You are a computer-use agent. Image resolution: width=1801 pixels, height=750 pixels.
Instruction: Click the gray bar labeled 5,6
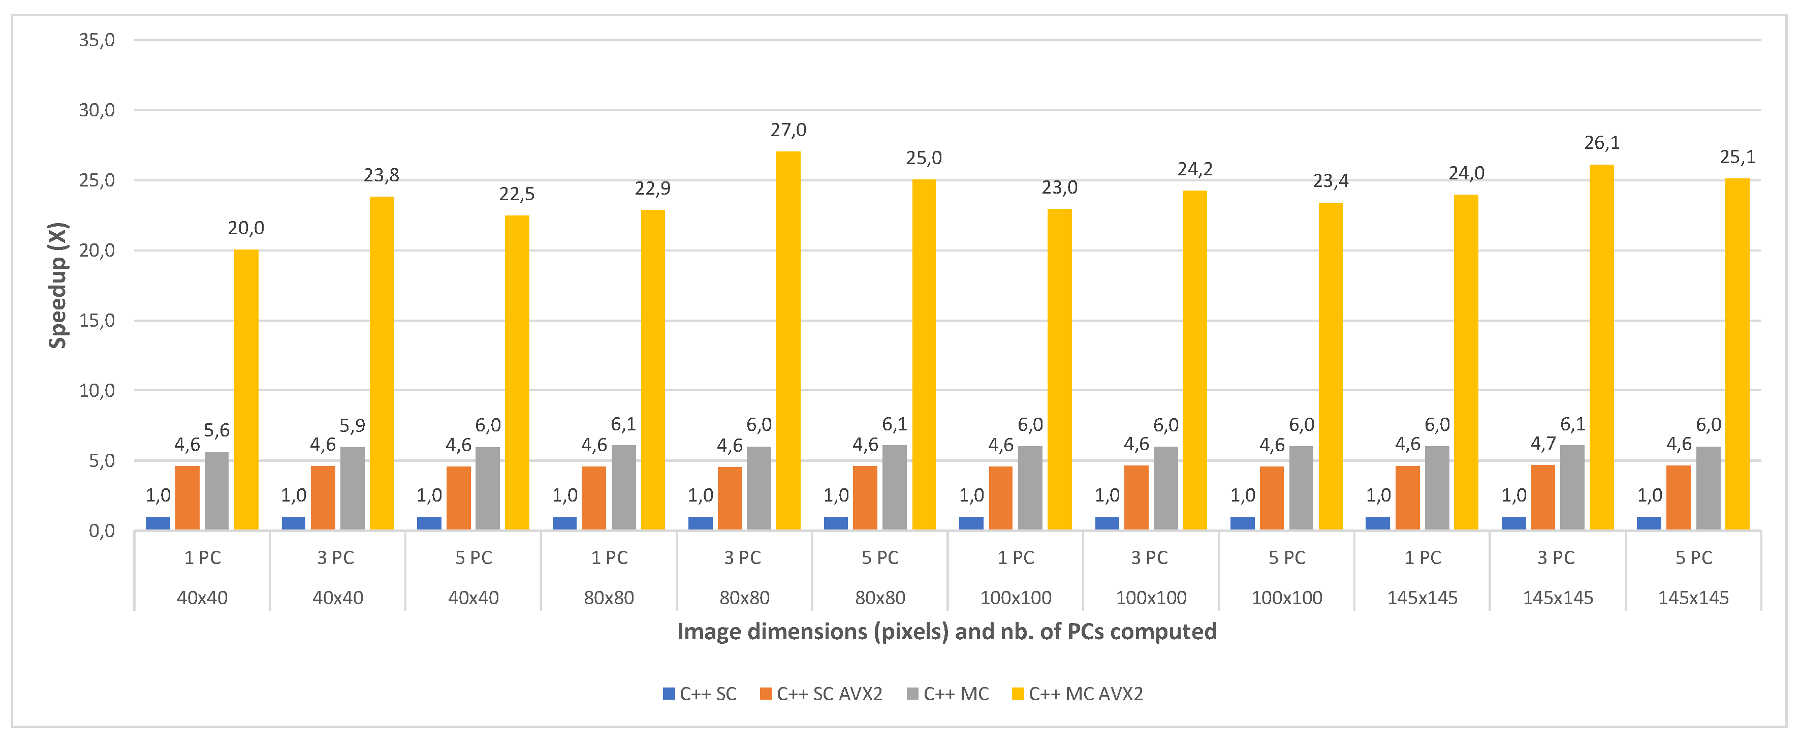[x=217, y=491]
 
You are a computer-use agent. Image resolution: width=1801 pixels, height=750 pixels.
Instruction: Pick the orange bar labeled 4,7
[x=1543, y=497]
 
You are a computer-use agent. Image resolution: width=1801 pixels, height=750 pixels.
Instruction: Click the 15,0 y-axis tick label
[x=97, y=321]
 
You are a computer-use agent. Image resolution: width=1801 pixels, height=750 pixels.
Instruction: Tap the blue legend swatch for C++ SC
[x=669, y=694]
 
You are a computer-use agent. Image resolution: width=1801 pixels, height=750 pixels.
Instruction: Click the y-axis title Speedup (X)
[x=57, y=285]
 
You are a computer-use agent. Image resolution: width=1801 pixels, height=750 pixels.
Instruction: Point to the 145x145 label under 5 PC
[x=1693, y=598]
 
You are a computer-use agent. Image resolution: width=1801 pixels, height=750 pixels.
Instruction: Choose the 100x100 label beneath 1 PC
[x=1016, y=598]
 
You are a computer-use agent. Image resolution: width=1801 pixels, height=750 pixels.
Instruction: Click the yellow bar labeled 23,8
[x=382, y=363]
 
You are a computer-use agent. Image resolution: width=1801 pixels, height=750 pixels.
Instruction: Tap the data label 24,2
[x=1195, y=170]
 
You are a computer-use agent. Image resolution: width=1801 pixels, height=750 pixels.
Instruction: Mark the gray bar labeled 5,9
[x=353, y=489]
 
